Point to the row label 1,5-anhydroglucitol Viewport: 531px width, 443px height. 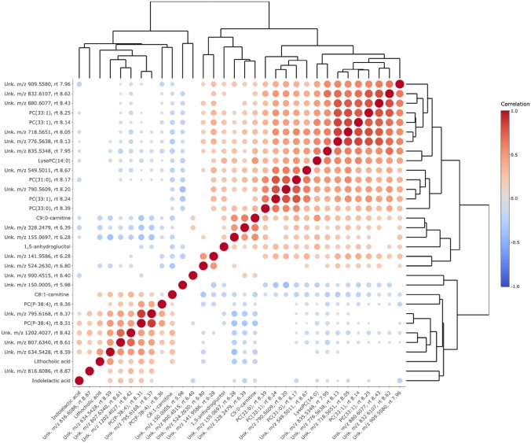tap(46, 246)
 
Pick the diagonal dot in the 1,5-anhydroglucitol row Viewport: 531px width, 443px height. tap(224, 247)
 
